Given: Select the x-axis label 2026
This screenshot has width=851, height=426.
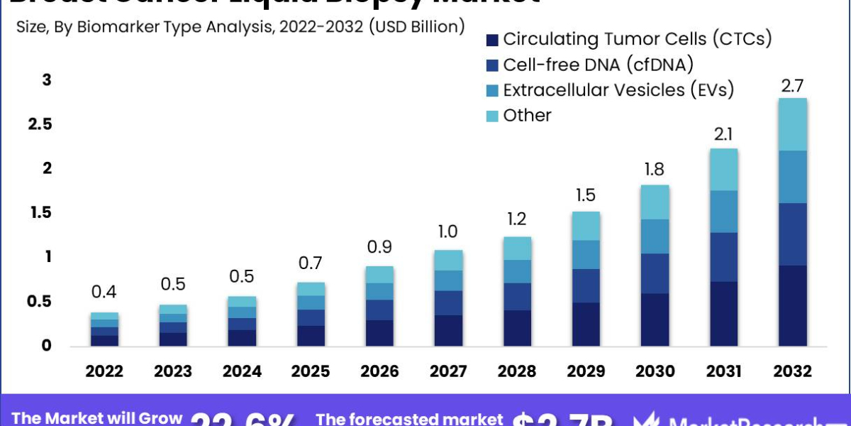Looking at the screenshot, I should pos(379,371).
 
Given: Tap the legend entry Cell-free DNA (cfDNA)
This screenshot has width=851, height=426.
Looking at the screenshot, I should pos(598,65).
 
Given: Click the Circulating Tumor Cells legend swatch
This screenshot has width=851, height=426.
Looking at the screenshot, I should pos(493,39).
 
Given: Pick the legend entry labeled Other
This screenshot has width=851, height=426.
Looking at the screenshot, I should pos(527,116).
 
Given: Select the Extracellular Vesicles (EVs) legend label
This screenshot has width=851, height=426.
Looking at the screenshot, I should pos(618,90).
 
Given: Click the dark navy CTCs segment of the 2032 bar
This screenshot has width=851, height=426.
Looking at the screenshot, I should pos(792,305).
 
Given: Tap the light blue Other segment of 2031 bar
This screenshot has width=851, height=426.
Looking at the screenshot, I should pos(723,170).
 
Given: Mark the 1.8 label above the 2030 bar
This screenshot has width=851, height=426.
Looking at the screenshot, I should pos(655,170).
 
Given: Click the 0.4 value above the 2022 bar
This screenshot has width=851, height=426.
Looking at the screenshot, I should pos(104,293).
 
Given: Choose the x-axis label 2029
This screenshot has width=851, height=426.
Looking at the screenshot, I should pos(586,371).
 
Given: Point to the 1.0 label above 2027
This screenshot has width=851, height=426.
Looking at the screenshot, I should pos(448,232).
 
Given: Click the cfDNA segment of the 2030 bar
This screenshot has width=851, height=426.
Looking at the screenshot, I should pos(655,273).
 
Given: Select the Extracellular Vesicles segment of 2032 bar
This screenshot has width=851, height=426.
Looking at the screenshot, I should pos(792,177).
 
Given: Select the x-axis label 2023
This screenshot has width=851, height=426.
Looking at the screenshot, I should pos(173,371).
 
